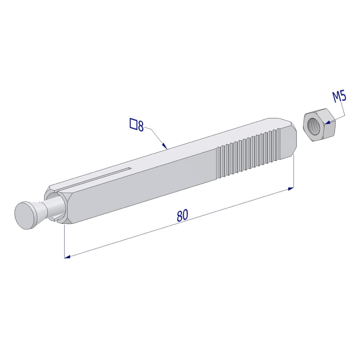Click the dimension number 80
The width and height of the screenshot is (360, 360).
(182, 215)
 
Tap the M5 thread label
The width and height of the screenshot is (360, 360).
(340, 97)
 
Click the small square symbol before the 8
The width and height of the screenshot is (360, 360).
(133, 124)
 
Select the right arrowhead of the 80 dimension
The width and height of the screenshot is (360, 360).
(291, 189)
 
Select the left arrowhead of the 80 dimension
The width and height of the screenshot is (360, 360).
(67, 257)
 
